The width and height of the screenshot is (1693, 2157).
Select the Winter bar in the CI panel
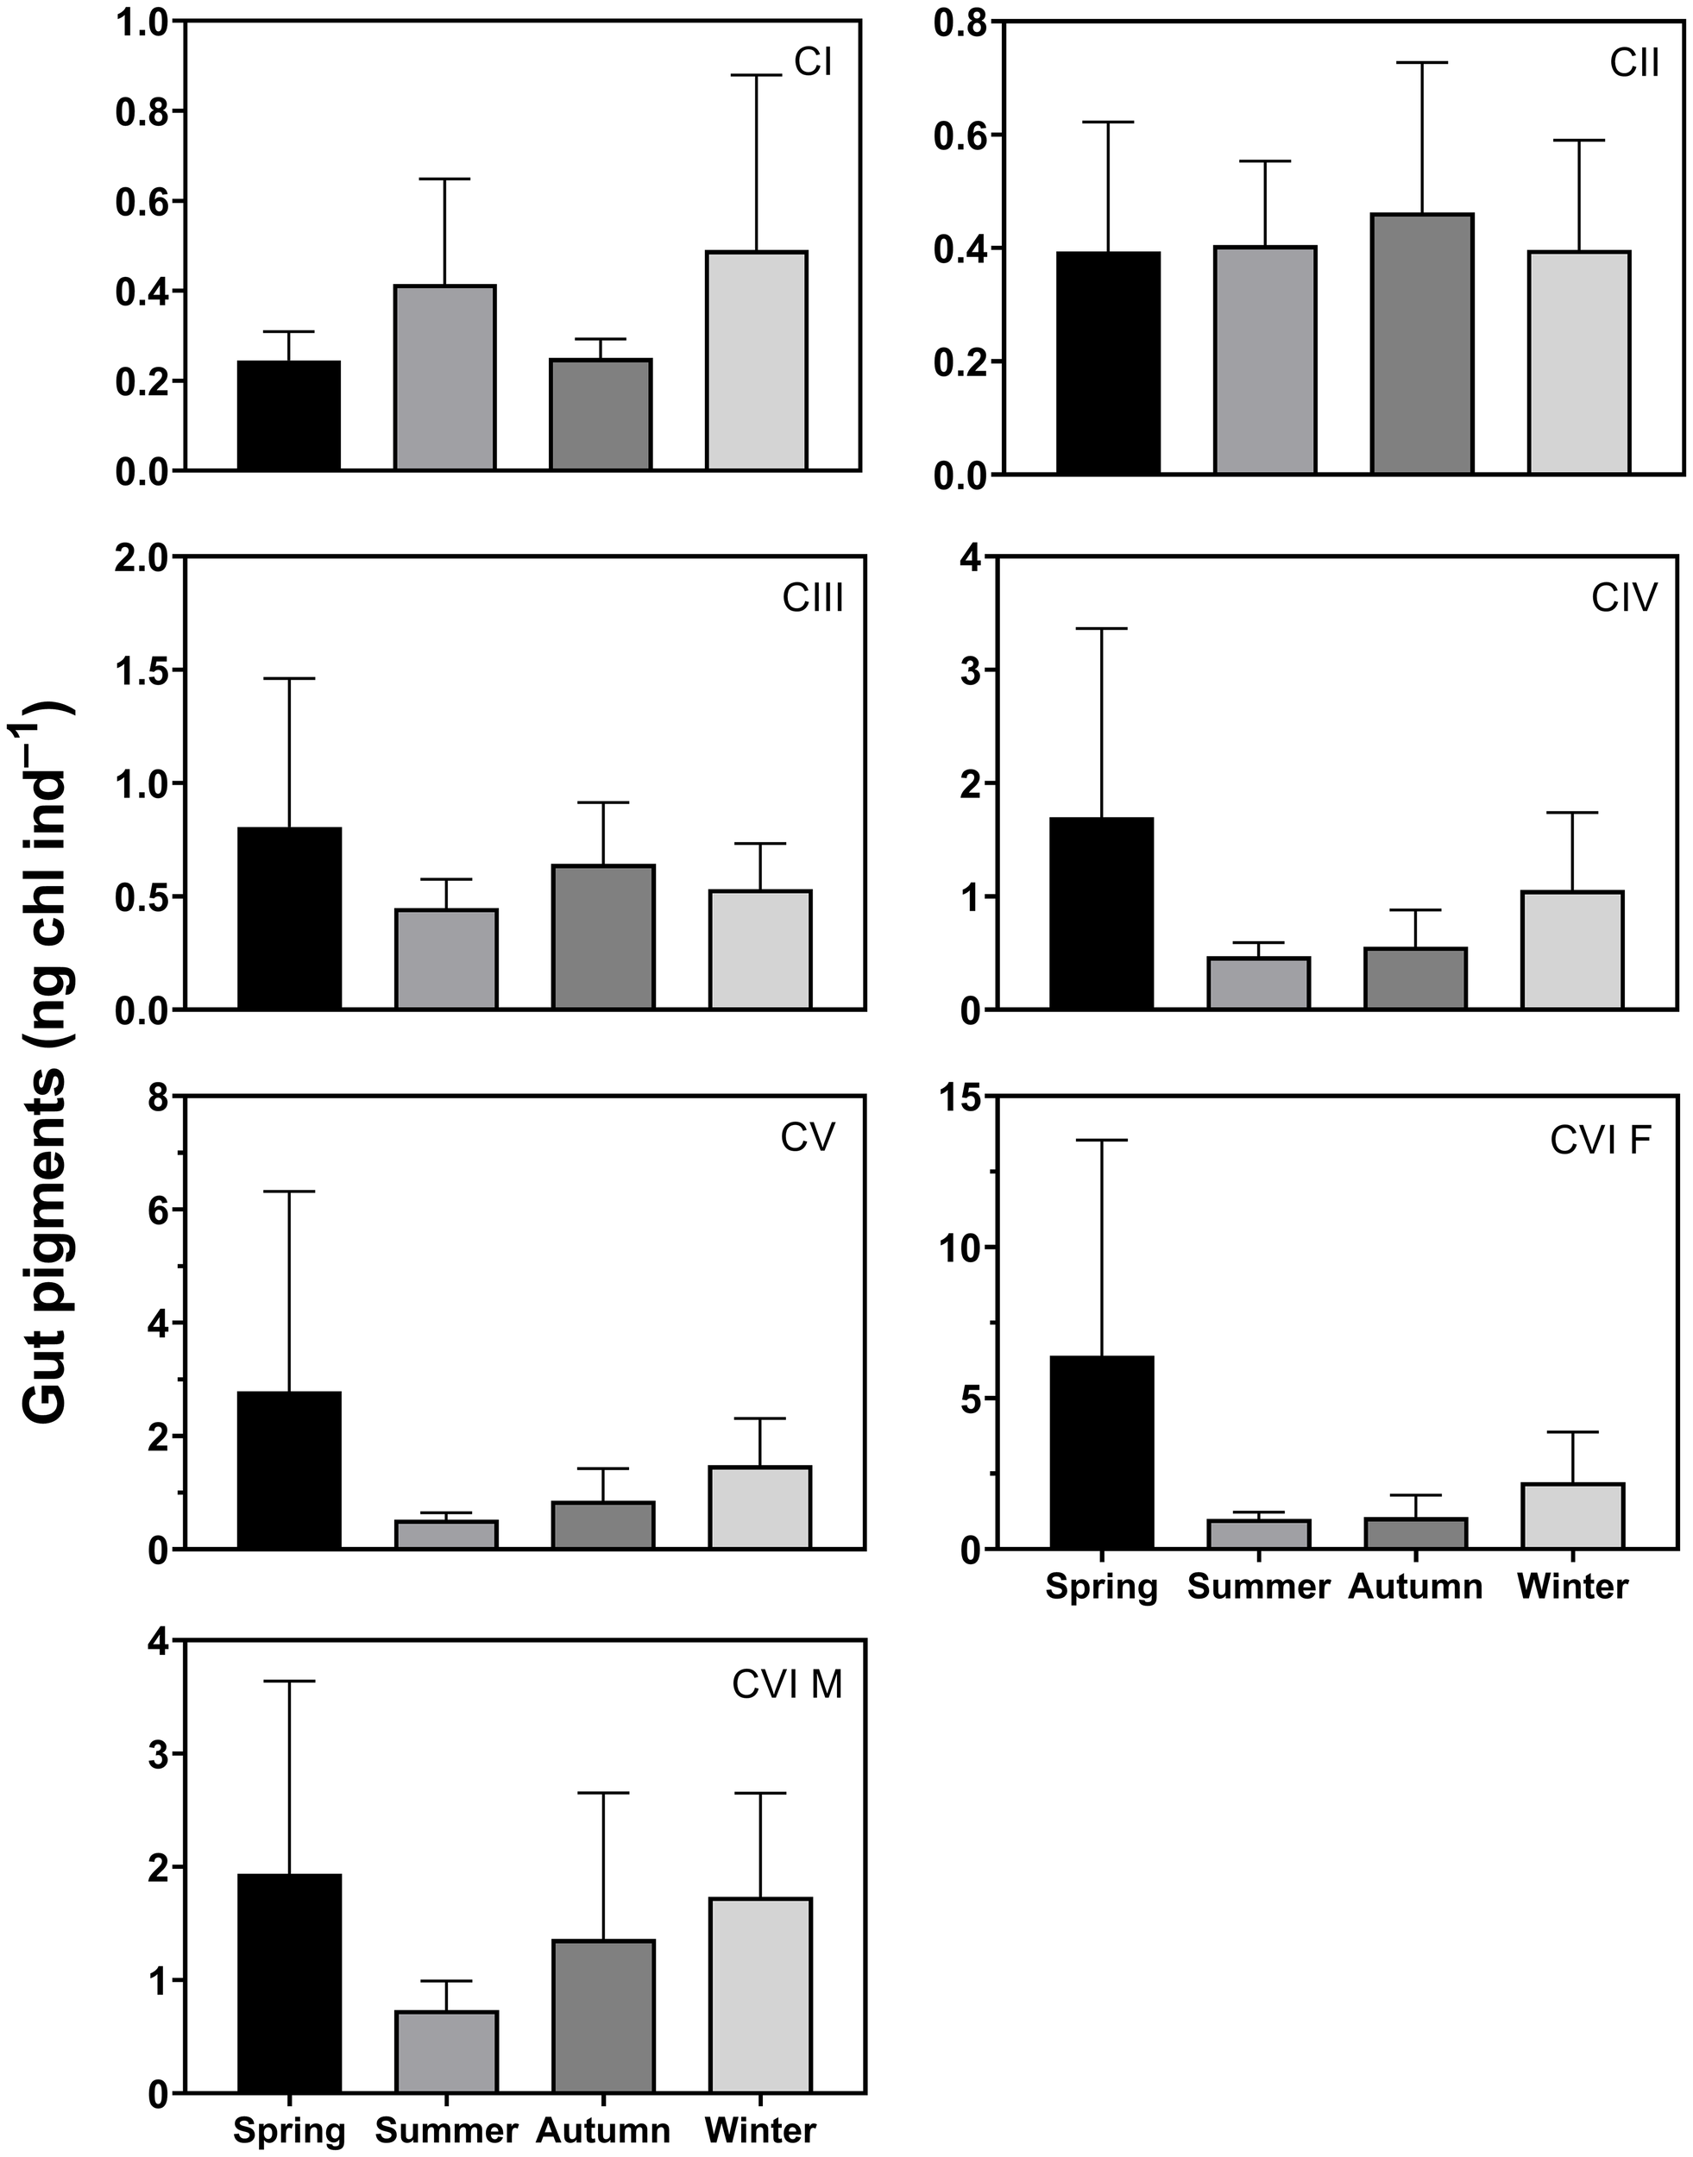pyautogui.click(x=756, y=361)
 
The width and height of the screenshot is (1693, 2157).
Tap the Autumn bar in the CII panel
pyautogui.click(x=1421, y=344)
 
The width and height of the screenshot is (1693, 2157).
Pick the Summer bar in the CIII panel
pyautogui.click(x=446, y=959)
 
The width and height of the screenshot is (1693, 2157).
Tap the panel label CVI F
pyautogui.click(x=1601, y=1141)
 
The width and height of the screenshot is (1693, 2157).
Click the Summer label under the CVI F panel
pyautogui.click(x=1258, y=1587)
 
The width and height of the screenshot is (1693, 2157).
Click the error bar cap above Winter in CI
pyautogui.click(x=756, y=75)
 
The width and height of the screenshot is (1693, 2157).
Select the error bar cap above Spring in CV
pyautogui.click(x=289, y=1192)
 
